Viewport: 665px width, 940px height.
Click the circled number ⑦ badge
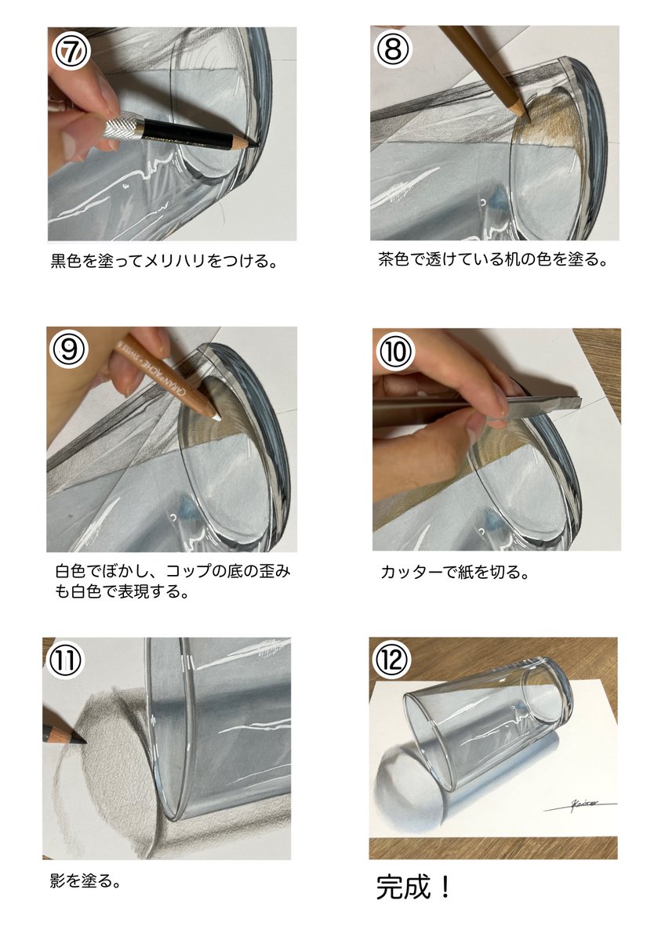71,51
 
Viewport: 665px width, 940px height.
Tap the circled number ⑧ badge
394,49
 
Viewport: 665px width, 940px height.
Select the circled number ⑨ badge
69,349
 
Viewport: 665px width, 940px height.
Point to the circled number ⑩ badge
395,351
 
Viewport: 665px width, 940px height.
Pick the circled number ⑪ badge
65,660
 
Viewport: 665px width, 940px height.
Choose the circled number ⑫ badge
392,660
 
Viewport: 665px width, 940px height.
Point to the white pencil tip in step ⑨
217,418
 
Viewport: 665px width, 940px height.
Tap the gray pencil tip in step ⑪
82,741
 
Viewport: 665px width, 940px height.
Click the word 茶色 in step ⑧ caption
394,259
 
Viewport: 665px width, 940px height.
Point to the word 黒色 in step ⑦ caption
67,261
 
